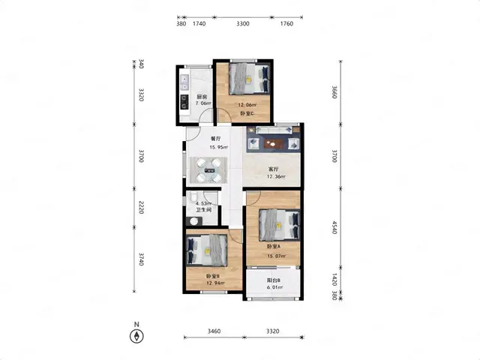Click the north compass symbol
[x=136, y=337]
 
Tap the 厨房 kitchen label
[x=202, y=97]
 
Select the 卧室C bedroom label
[x=247, y=113]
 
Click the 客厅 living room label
[x=273, y=169]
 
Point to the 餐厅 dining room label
[x=215, y=139]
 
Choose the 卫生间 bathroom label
[x=203, y=210]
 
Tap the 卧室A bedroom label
[x=273, y=247]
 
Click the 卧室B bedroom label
[x=213, y=275]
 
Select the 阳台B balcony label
[x=273, y=280]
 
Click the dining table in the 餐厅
[x=208, y=170]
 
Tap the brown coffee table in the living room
[x=273, y=144]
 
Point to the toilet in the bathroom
[x=193, y=197]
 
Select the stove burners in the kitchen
[x=184, y=102]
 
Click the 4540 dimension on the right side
[x=334, y=227]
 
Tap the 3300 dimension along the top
[x=242, y=23]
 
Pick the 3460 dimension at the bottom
[x=214, y=331]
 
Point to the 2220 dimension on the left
[x=141, y=208]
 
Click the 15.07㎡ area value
[x=277, y=256]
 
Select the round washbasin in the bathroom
[x=193, y=221]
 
